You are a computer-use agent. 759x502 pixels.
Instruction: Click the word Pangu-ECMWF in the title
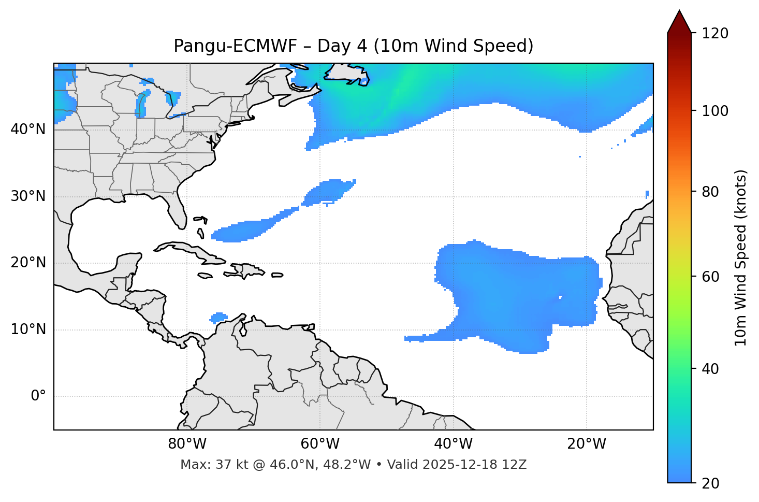pyautogui.click(x=235, y=46)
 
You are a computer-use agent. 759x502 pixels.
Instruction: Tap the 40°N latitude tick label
pyautogui.click(x=28, y=130)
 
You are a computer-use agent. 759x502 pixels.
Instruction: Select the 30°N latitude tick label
pyautogui.click(x=28, y=196)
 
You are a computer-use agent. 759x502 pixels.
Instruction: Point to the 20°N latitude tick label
pyautogui.click(x=28, y=263)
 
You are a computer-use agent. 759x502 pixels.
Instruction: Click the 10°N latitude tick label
pyautogui.click(x=28, y=329)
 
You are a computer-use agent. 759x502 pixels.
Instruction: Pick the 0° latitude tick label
pyautogui.click(x=38, y=396)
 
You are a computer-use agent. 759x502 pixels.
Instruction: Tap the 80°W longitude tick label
pyautogui.click(x=187, y=444)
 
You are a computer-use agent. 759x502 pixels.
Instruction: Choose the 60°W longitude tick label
pyautogui.click(x=320, y=444)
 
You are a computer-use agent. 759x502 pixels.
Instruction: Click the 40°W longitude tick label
pyautogui.click(x=453, y=444)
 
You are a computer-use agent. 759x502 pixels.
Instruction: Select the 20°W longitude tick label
pyautogui.click(x=587, y=444)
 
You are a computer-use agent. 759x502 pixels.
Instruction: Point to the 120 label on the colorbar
pyautogui.click(x=716, y=34)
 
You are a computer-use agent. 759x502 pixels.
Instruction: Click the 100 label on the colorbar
pyautogui.click(x=716, y=111)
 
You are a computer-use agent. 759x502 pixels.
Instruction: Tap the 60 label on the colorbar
pyautogui.click(x=712, y=277)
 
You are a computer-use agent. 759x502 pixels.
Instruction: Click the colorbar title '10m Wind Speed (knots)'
pyautogui.click(x=740, y=257)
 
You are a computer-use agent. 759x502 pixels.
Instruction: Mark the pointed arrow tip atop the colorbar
pyautogui.click(x=679, y=11)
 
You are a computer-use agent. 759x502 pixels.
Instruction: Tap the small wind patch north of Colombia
pyautogui.click(x=219, y=317)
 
